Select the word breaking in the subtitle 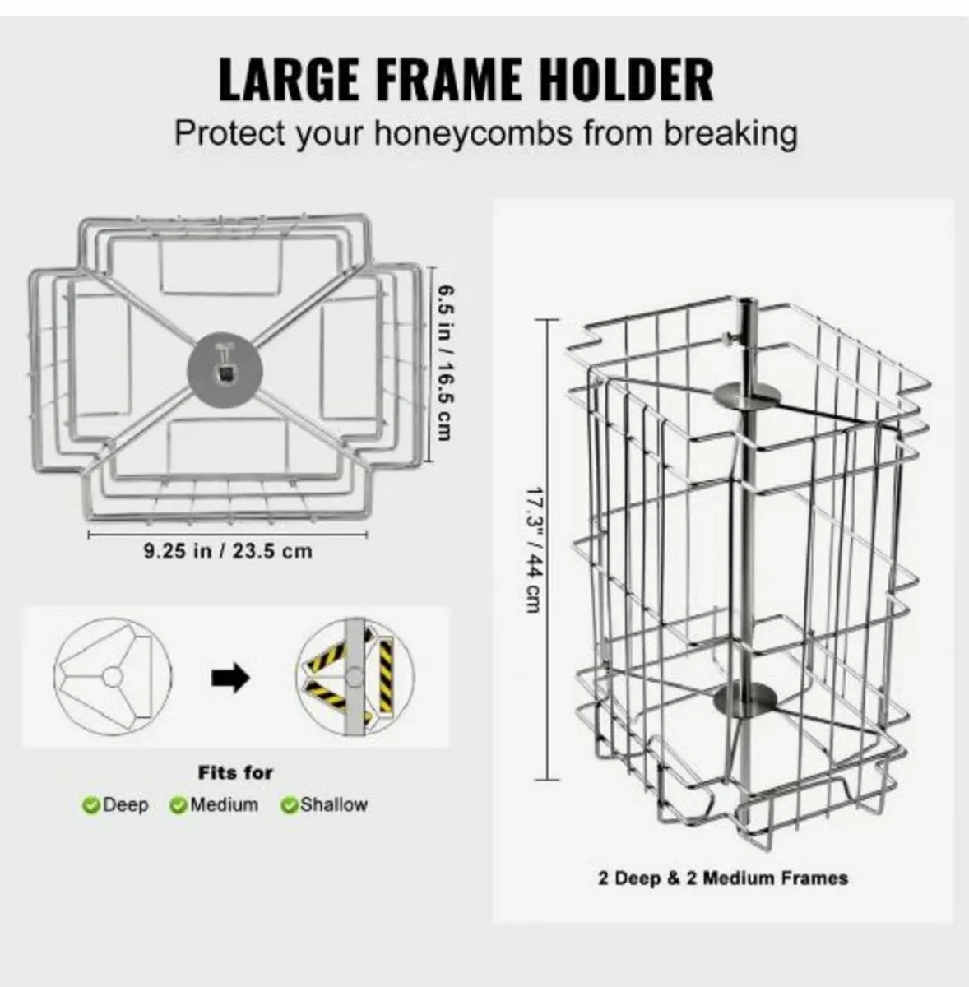point(730,133)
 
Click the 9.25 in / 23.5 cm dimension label point(228,551)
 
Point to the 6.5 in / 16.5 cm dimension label point(445,363)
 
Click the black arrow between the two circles point(230,679)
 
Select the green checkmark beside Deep point(90,806)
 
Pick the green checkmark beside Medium point(178,806)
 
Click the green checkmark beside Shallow point(289,806)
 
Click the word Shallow point(334,804)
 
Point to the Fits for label point(235,772)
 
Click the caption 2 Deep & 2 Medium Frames point(722,878)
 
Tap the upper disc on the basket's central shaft point(748,396)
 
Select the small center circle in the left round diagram point(112,677)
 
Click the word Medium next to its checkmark point(224,804)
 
